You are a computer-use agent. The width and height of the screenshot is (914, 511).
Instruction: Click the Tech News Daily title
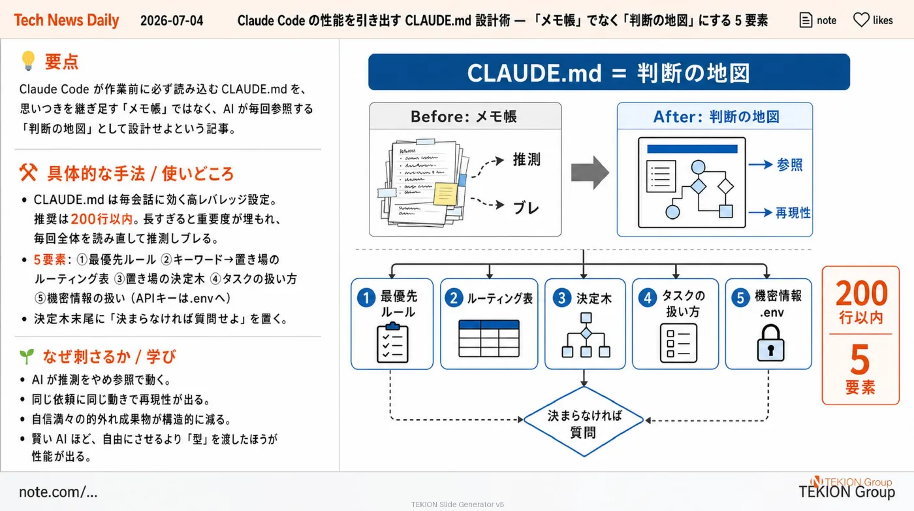pyautogui.click(x=67, y=20)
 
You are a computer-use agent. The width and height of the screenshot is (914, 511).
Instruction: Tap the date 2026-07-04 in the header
pyautogui.click(x=171, y=20)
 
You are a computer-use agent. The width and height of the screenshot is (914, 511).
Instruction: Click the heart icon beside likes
pyautogui.click(x=861, y=20)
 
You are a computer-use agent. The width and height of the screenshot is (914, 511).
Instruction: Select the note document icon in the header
pyautogui.click(x=806, y=20)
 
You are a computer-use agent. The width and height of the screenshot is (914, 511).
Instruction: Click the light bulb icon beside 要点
pyautogui.click(x=28, y=61)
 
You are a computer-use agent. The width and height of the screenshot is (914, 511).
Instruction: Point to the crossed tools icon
pyautogui.click(x=28, y=173)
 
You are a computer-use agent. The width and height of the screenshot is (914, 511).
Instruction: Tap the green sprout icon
pyautogui.click(x=27, y=356)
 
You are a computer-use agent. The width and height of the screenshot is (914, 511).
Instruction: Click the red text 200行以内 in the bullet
pyautogui.click(x=102, y=219)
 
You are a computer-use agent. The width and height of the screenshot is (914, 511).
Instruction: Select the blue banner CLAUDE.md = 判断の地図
pyautogui.click(x=608, y=73)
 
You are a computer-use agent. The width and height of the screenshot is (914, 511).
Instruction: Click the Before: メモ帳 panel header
pyautogui.click(x=465, y=116)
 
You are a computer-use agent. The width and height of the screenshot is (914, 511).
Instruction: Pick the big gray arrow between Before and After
pyautogui.click(x=590, y=172)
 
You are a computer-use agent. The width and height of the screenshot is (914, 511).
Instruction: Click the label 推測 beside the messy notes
pyautogui.click(x=526, y=159)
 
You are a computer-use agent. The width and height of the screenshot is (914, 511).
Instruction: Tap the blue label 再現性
pyautogui.click(x=793, y=213)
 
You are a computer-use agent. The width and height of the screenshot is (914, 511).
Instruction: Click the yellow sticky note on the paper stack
pyautogui.click(x=445, y=193)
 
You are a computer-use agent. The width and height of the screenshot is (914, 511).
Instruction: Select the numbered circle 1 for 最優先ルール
pyautogui.click(x=366, y=298)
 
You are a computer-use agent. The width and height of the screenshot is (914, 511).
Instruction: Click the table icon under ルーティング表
pyautogui.click(x=489, y=338)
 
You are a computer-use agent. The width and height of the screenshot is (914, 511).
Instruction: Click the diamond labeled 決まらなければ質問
pyautogui.click(x=584, y=421)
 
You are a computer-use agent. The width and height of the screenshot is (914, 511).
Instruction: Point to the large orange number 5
pyautogui.click(x=860, y=360)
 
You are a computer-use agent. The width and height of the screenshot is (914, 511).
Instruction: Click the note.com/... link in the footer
pyautogui.click(x=58, y=491)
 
